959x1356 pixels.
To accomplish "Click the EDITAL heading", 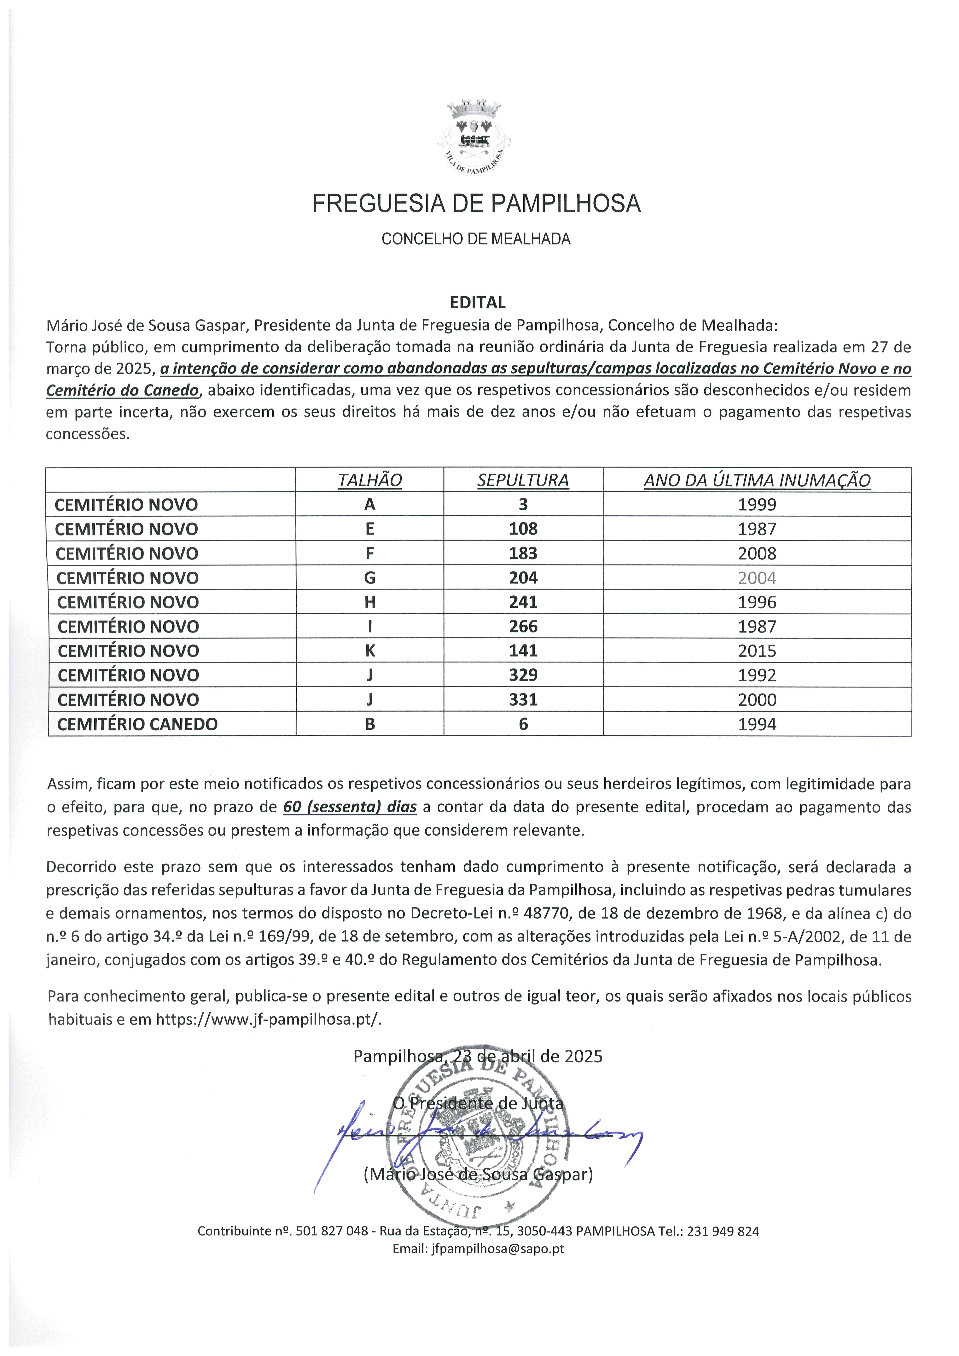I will tap(478, 302).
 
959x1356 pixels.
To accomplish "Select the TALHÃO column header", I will tap(370, 480).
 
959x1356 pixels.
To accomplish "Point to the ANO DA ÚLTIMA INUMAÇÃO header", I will tap(757, 480).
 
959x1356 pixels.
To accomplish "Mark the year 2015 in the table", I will tap(757, 651).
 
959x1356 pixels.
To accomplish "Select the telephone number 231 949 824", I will tap(723, 1231).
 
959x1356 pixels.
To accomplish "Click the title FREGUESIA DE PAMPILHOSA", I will tap(476, 204).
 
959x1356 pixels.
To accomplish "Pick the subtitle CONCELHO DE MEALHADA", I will tap(476, 239).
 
